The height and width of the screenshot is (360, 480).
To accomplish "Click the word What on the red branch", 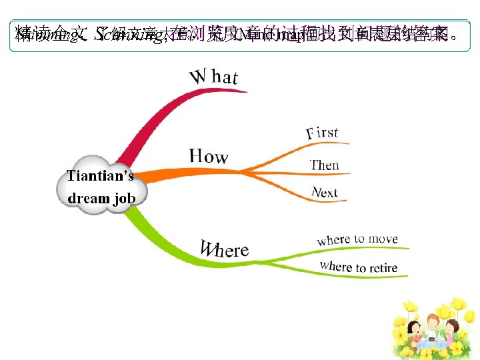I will (214, 77).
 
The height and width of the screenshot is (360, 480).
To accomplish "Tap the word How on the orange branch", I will (209, 157).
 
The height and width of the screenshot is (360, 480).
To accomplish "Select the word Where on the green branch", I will (225, 249).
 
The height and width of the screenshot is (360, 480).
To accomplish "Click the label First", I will (323, 133).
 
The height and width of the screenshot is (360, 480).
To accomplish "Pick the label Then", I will (325, 165).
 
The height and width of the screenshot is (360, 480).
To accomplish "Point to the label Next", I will (325, 193).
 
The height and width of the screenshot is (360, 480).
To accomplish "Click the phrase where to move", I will (357, 239).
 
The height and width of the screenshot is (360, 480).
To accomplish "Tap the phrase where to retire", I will (358, 267).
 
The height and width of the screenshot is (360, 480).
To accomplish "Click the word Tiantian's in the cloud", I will (100, 176).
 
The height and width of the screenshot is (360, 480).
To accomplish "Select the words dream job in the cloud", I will (101, 198).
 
